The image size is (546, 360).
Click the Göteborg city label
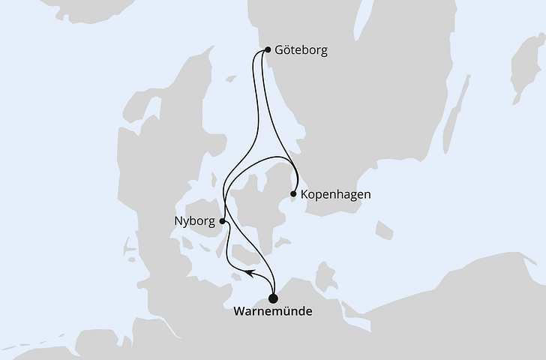point(301,51)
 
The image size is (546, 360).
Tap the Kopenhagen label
point(335,194)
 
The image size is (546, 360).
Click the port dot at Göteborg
point(268,51)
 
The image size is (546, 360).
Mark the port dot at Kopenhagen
point(293,194)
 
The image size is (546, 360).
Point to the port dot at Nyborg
point(223,221)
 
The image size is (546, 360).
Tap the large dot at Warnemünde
point(272,298)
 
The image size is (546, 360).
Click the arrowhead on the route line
point(250,274)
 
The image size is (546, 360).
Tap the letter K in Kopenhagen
point(304,194)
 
